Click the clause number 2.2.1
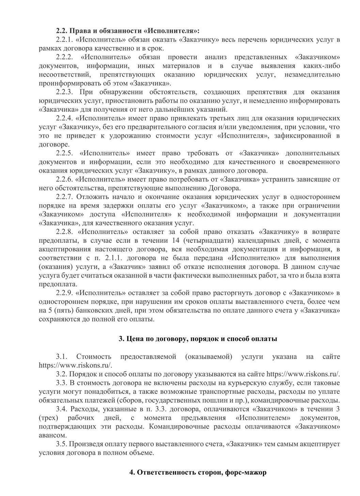click(x=64, y=40)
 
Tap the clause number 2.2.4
click(x=64, y=118)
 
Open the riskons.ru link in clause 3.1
click(x=75, y=365)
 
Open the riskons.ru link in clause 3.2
click(x=303, y=374)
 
